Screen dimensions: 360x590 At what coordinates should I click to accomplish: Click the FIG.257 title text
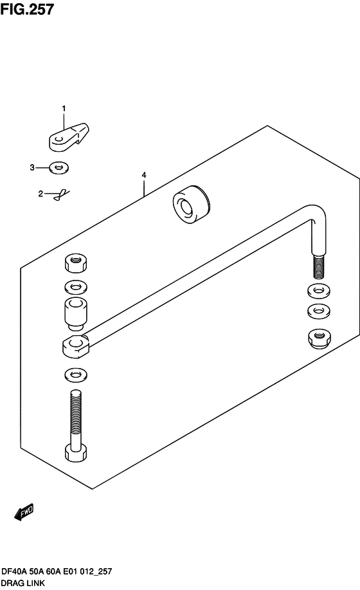pos(27,9)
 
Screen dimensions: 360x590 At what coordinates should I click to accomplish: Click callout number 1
pos(64,108)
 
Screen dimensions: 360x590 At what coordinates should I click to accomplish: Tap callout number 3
pos(32,167)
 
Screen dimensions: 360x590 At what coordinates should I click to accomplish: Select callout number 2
pos(40,194)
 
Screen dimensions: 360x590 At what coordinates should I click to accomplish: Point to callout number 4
pos(144,175)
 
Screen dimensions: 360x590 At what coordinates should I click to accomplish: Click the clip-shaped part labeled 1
pos(69,137)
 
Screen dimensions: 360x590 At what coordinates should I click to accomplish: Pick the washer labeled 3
pos(59,167)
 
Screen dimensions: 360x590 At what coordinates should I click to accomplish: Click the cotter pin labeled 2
pos(62,194)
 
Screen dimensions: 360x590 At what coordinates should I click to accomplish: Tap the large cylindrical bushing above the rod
pos(192,205)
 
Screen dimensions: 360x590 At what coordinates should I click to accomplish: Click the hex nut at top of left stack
pos(75,263)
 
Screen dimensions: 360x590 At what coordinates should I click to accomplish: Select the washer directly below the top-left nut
pos(75,288)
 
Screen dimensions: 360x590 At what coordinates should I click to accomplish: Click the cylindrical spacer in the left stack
pos(75,313)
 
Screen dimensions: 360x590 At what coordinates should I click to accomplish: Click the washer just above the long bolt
pos(75,374)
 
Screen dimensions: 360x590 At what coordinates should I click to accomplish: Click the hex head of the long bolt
pos(75,453)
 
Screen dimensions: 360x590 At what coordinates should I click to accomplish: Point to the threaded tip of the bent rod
pos(318,267)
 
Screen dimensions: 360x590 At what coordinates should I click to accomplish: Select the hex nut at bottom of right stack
pos(319,338)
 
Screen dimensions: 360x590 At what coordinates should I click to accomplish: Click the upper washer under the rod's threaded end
pos(319,290)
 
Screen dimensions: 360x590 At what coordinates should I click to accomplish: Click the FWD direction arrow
pos(24,512)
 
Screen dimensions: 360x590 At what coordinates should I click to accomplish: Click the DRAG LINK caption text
pos(23,583)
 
